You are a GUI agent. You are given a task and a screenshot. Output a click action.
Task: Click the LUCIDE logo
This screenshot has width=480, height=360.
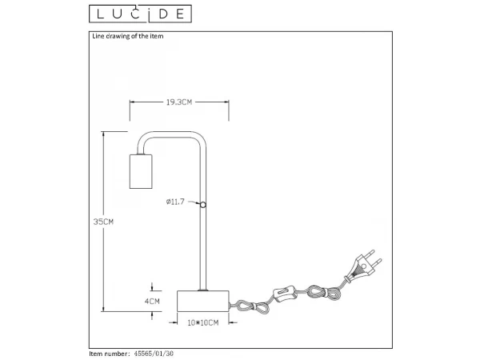click(140, 14)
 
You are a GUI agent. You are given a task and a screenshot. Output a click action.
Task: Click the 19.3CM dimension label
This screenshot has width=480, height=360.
click(179, 102)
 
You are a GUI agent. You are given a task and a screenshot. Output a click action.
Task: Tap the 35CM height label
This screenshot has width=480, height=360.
click(103, 222)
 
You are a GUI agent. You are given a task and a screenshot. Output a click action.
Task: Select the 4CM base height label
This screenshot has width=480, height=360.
click(152, 302)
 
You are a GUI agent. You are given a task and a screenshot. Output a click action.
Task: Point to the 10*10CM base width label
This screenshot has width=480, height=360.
click(203, 322)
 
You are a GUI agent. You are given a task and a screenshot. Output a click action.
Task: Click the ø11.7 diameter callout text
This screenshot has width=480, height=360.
click(175, 202)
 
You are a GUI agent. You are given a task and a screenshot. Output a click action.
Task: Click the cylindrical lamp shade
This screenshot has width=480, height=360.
click(141, 171)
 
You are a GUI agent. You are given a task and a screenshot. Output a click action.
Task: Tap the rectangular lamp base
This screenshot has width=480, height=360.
click(203, 302)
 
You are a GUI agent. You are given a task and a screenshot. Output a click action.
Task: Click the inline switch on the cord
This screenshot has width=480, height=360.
click(285, 294)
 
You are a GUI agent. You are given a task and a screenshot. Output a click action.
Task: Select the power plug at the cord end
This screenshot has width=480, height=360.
click(363, 265)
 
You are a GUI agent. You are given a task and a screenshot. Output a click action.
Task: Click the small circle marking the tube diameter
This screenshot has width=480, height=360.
click(203, 205)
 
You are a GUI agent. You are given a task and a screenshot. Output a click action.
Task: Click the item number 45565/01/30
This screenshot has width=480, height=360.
click(154, 354)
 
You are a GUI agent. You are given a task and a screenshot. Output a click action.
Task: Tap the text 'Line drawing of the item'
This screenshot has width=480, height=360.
click(128, 36)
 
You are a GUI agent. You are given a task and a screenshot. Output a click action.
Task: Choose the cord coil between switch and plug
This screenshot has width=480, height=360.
click(324, 292)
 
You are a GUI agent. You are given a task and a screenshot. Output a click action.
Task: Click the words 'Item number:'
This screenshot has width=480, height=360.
click(110, 354)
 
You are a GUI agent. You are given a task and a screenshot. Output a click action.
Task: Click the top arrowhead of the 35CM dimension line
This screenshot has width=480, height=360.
click(103, 134)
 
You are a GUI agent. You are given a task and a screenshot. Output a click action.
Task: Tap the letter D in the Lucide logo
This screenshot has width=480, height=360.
click(163, 14)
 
